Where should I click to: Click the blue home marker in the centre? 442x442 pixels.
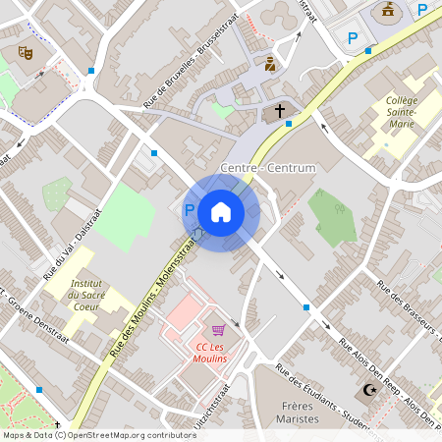click(221, 212)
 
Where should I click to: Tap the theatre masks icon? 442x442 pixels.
click(25, 52)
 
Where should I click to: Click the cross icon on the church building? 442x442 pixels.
click(279, 111)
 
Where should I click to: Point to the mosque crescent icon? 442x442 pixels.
click(370, 391)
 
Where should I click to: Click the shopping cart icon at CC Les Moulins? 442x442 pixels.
click(219, 331)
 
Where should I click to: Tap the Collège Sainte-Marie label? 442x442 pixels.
click(402, 113)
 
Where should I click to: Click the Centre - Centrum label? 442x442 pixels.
click(269, 168)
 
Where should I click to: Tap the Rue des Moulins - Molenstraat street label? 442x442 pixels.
click(152, 294)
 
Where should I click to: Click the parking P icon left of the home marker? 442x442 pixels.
click(190, 209)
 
